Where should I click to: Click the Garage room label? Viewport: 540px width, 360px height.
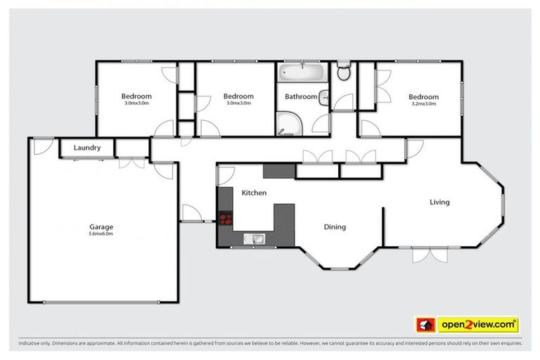click(101, 227)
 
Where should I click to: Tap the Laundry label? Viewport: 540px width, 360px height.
click(88, 148)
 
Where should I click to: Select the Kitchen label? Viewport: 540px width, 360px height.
click(254, 192)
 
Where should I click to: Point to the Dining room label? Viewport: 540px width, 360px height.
click(335, 227)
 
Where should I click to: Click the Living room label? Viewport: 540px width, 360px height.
click(439, 202)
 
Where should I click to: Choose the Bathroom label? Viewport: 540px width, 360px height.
click(300, 96)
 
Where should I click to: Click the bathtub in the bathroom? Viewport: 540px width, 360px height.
click(302, 72)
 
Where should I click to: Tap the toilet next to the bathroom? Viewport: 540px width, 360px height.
click(343, 72)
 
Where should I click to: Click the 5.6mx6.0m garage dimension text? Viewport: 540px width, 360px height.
click(101, 234)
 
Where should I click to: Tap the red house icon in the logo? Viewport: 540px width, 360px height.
click(425, 324)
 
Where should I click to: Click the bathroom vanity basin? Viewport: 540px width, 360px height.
click(323, 98)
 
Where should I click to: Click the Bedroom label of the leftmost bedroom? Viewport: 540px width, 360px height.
click(136, 96)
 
